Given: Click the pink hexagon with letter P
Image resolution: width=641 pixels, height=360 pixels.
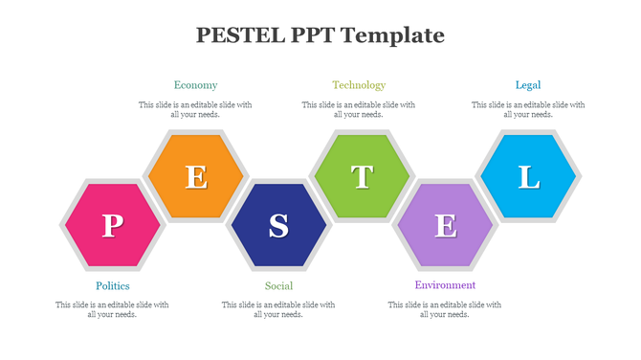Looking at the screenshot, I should (112, 226).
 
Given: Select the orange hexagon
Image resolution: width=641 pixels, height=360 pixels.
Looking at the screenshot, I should (196, 177).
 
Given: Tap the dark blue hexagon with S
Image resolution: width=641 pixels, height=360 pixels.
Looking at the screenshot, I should (278, 226).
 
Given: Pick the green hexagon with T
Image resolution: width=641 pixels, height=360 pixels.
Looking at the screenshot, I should (362, 177).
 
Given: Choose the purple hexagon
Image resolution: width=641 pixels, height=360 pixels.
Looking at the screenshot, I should (445, 226).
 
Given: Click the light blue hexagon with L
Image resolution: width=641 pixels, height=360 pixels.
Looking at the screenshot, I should (528, 177).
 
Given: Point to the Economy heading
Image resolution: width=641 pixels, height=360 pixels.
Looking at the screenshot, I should (195, 85).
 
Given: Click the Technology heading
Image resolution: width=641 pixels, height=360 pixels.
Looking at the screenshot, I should (359, 85).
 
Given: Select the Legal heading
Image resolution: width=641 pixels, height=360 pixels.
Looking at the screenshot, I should (527, 85).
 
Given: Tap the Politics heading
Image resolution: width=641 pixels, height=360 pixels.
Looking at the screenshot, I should (112, 285).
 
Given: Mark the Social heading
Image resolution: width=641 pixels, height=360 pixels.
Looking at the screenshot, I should (278, 285).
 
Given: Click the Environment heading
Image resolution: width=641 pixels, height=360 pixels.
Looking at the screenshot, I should (445, 285).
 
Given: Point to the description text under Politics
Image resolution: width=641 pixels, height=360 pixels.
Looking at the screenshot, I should (112, 309).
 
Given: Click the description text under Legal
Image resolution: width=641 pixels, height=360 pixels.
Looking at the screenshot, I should (527, 109).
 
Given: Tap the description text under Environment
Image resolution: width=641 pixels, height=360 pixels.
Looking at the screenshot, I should (445, 309).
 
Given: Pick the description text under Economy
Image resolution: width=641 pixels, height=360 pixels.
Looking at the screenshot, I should (195, 109).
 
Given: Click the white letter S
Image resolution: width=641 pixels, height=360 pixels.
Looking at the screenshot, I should (278, 226).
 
